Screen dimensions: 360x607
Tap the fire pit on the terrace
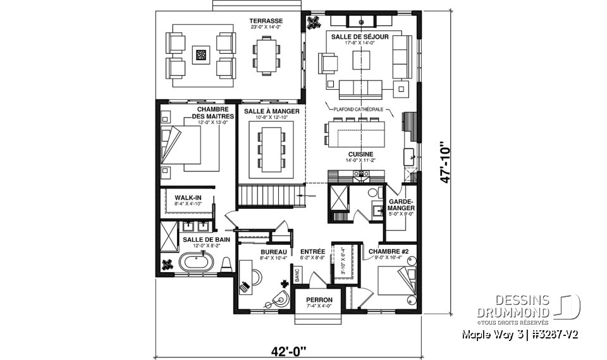(201, 55)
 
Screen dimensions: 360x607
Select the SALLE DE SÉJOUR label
(359, 37)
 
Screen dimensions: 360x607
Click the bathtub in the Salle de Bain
(197, 262)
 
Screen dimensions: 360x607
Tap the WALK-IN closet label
(188, 197)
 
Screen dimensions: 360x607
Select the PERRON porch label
(319, 299)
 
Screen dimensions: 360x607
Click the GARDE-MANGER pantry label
(402, 204)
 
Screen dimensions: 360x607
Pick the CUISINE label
(360, 154)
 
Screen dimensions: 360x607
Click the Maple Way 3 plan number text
(520, 333)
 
